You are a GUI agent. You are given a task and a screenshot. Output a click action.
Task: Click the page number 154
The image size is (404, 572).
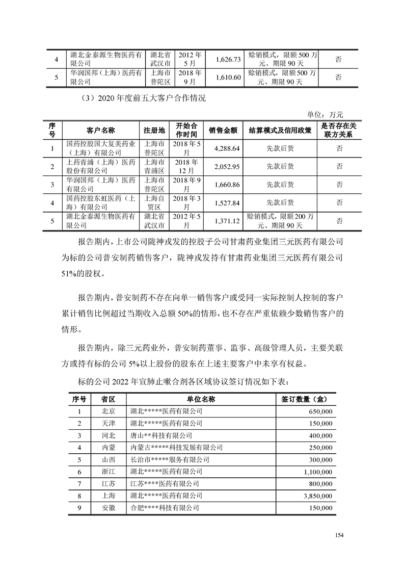pos(340,535)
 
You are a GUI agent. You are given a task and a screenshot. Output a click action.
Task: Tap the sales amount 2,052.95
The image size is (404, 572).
pos(224,167)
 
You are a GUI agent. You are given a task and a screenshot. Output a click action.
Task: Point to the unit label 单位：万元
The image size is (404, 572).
pos(325,115)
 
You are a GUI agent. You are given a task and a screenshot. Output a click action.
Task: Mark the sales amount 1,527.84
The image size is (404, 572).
pos(224,202)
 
